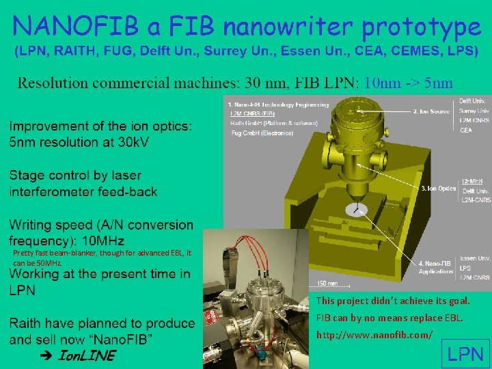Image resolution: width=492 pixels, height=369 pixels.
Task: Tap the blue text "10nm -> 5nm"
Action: pos(409,83)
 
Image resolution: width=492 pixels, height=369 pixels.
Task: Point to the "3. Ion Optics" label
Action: pos(439,188)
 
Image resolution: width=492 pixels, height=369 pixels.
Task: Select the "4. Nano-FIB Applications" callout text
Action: pos(437,267)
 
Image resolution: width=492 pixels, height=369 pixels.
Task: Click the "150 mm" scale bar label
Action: pos(327,284)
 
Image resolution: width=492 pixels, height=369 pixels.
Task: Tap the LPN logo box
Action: pos(465,353)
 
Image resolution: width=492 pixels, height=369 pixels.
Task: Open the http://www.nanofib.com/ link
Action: pos(374,335)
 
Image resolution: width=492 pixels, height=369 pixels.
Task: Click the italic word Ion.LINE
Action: pos(87,355)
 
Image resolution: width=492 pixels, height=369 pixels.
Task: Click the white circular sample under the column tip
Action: pos(355,210)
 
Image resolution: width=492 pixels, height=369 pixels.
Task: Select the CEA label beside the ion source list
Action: pos(466,130)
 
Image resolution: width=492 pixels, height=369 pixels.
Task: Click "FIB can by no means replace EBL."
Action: pos(389,318)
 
